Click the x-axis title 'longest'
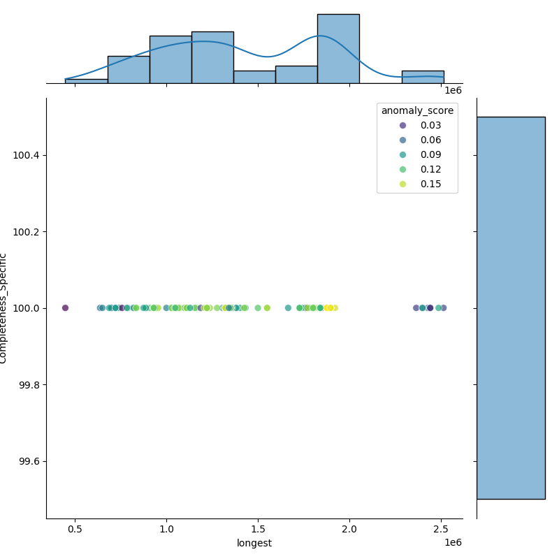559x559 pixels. click(x=254, y=543)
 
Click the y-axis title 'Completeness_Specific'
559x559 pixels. click(x=3, y=308)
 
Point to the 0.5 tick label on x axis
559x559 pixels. click(x=75, y=530)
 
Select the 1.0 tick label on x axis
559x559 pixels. click(x=166, y=530)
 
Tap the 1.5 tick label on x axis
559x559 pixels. click(x=258, y=530)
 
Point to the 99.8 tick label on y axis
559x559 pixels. click(x=29, y=385)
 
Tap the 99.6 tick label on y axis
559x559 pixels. click(x=29, y=461)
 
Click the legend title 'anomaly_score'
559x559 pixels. click(x=417, y=110)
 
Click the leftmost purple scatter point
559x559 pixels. click(x=65, y=308)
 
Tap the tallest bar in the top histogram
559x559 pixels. click(x=338, y=49)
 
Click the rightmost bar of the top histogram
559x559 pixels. click(x=423, y=77)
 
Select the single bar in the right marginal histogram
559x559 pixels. click(x=511, y=307)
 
